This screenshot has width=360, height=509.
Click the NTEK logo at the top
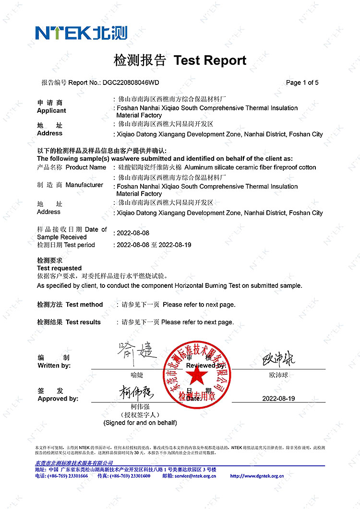point(81,33)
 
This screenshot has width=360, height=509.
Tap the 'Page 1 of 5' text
point(302,83)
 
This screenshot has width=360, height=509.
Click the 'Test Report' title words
point(210,60)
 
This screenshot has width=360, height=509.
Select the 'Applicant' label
point(51,111)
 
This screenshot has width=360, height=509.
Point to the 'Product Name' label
point(86,167)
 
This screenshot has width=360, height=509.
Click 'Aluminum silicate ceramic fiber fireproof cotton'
point(250,167)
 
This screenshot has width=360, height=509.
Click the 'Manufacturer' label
point(84,185)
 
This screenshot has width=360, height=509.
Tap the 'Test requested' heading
point(59,268)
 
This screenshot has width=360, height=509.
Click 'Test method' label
point(84,305)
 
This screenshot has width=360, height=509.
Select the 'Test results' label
point(83,322)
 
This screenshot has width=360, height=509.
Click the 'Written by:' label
point(54,366)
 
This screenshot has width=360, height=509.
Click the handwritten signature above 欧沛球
point(278,359)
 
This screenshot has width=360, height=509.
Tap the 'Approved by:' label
point(58,399)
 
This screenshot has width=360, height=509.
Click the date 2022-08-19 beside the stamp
point(278,399)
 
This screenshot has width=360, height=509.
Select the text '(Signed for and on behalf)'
point(140,423)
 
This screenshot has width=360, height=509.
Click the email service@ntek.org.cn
point(195,476)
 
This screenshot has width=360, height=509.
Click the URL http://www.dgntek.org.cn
point(257,476)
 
